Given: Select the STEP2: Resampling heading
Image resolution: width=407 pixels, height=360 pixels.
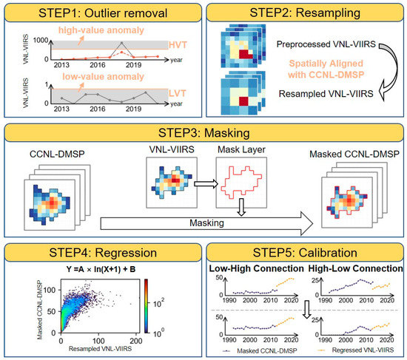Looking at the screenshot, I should pyautogui.click(x=306, y=12).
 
